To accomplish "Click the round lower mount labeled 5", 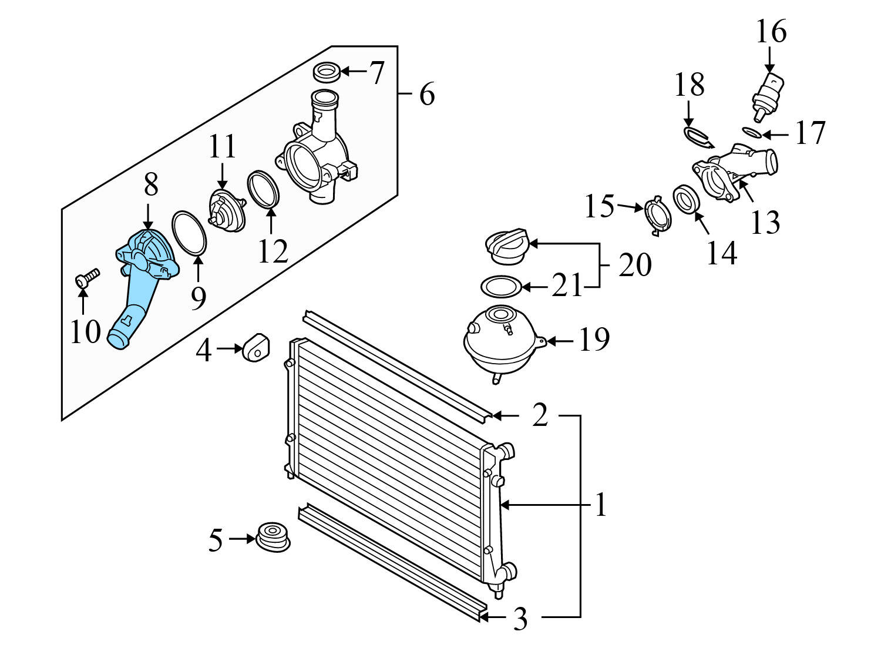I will [x=273, y=536].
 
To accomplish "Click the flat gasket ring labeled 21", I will [x=500, y=287].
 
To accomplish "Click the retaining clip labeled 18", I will [x=698, y=136].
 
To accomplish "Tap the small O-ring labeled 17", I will [x=752, y=132].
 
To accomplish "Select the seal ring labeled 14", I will [x=685, y=200].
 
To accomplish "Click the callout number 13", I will [x=765, y=223].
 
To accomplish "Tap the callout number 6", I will [x=427, y=94].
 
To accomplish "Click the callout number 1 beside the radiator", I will [x=600, y=505].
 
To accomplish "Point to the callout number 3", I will [x=520, y=619].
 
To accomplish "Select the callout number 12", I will [x=273, y=251].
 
